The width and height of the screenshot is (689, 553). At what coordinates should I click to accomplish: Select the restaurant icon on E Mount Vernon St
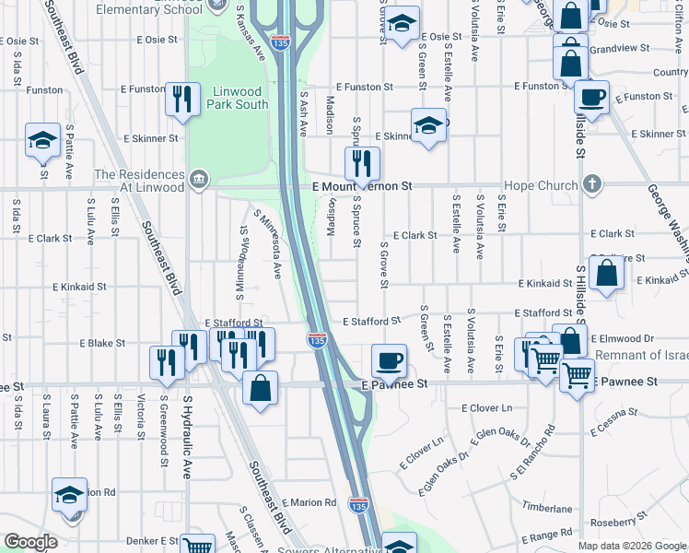click(361, 163)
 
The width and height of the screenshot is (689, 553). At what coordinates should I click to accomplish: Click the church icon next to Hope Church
click(593, 184)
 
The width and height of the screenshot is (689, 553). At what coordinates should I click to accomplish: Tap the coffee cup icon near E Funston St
click(591, 96)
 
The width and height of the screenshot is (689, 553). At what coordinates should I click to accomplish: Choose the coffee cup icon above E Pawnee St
click(389, 359)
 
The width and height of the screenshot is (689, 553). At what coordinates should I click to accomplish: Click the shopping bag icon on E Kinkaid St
click(607, 274)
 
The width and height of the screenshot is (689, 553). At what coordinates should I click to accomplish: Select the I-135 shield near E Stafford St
click(318, 340)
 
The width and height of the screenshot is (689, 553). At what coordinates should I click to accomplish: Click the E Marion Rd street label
click(314, 503)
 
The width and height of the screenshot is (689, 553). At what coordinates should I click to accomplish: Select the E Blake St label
click(102, 343)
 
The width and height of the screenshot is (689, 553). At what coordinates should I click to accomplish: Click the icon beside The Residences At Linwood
click(199, 177)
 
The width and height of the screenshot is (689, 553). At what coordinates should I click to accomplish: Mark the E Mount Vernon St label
click(362, 186)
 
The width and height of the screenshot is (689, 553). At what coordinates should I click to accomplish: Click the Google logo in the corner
click(30, 542)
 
